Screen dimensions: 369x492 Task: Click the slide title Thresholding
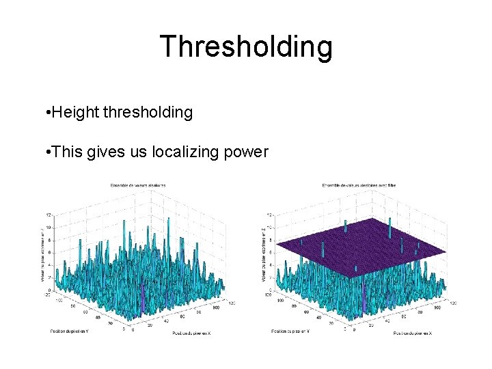pos(246,46)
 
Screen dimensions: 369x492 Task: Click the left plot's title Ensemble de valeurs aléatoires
pos(137,185)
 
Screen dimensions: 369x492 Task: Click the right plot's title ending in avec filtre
pos(359,185)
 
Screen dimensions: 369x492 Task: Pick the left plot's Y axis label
pos(68,331)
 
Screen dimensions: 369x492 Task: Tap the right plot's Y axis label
pos(290,331)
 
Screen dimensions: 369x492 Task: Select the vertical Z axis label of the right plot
pos(264,254)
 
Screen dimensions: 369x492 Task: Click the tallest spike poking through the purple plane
pos(389,225)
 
